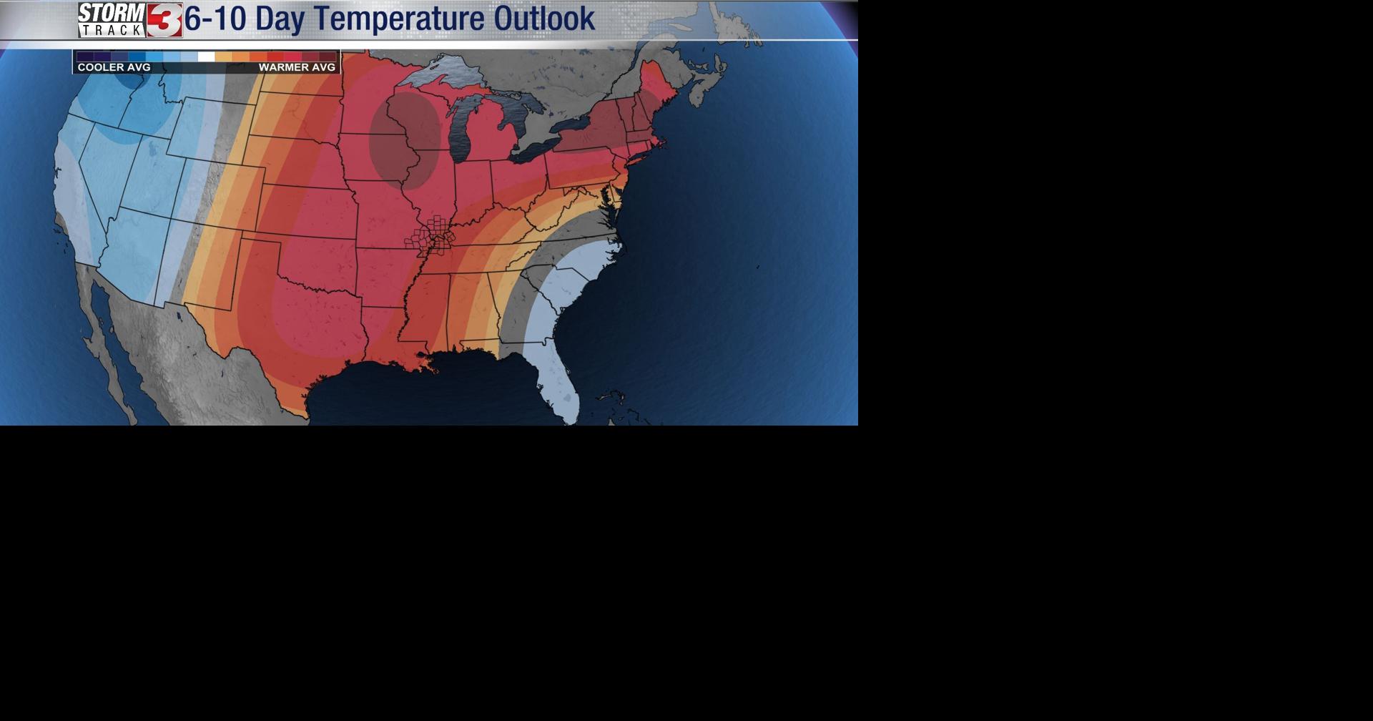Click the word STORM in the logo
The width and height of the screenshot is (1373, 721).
[112, 13]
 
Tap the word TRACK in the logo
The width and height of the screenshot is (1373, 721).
[112, 30]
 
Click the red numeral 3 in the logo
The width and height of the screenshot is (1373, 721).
[164, 20]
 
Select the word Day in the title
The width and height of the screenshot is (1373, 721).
[279, 19]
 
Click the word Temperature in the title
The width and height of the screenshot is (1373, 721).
[397, 19]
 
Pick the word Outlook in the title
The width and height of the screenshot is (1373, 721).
[544, 19]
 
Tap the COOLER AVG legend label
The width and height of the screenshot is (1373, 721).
[114, 67]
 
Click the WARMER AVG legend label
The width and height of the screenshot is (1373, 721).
[297, 67]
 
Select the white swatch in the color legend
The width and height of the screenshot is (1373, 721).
[206, 57]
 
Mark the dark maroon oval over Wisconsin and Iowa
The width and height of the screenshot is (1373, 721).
[404, 139]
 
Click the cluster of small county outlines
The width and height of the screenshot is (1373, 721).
[431, 236]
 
